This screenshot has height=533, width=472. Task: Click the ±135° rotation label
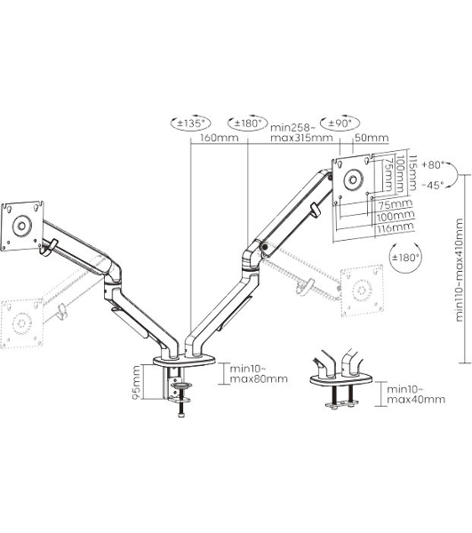[x=189, y=123]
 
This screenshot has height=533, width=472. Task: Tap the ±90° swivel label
[x=339, y=123]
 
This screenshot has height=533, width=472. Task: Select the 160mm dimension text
[x=219, y=138]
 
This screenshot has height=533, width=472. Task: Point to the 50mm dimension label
[x=372, y=138]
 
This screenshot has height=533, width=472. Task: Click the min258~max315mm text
[x=301, y=132]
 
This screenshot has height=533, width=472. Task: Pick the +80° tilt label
[x=433, y=165]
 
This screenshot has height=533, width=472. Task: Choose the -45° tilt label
[x=433, y=185]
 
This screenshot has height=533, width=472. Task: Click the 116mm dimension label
[x=396, y=227]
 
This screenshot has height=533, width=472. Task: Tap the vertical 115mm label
[x=412, y=172]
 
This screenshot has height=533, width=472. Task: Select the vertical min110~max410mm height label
[x=459, y=270]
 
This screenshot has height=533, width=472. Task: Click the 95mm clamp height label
[x=136, y=382]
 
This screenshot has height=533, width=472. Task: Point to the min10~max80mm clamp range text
[x=259, y=374]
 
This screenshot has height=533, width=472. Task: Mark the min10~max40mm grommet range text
[x=416, y=394]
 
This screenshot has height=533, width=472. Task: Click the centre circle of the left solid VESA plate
[x=21, y=226]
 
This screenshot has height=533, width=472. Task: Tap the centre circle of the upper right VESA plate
[x=354, y=179]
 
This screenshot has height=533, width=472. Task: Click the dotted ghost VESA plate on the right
[x=362, y=290]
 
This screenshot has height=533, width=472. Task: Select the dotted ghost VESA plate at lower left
[x=21, y=323]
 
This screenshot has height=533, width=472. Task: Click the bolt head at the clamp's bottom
[x=181, y=414]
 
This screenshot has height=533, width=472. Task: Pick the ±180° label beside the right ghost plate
[x=404, y=258]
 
